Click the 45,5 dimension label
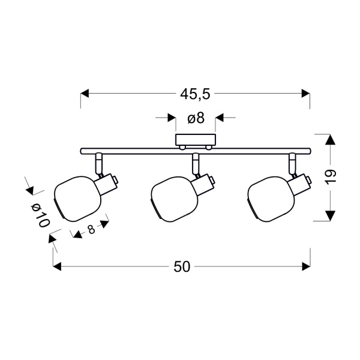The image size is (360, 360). coord(195,94)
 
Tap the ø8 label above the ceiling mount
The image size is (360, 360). coord(196,118)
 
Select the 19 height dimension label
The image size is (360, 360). coord(331,177)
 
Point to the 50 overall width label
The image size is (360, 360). coord(182,267)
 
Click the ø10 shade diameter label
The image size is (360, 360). coord(40,215)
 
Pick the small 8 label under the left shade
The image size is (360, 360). coord(91,229)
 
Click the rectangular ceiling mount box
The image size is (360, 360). coord(196,140)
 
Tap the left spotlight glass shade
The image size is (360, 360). coord(77,199)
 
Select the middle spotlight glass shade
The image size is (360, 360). coord(175,199)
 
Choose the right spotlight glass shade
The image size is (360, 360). coord(271,199)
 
